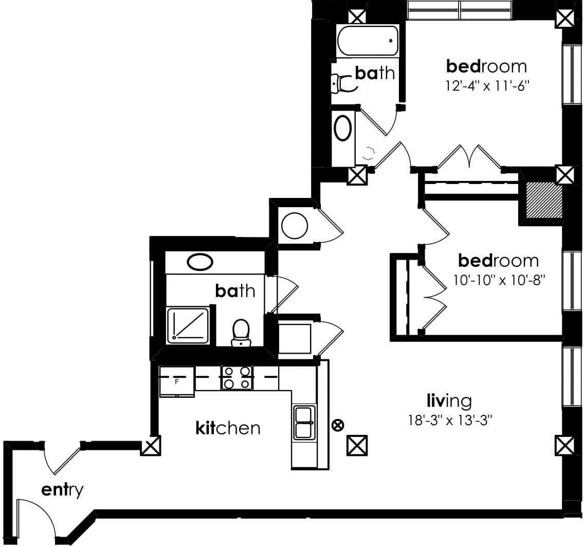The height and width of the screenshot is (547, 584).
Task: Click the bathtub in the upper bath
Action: (x=368, y=41)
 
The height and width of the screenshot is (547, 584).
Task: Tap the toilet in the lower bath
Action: (x=241, y=333)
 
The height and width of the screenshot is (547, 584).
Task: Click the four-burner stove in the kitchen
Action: (x=237, y=377)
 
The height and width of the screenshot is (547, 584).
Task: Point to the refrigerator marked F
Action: (x=177, y=381)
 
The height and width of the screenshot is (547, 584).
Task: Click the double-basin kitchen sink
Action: (x=304, y=423)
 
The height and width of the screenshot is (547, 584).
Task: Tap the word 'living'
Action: (x=449, y=400)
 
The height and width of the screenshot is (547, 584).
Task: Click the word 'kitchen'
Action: (x=228, y=428)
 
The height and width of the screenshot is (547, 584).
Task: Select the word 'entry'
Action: (x=62, y=490)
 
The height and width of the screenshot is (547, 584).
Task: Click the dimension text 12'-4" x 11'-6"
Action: (x=487, y=86)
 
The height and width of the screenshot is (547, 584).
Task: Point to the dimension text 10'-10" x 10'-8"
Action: (x=499, y=280)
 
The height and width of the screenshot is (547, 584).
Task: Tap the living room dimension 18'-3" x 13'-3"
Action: (x=450, y=421)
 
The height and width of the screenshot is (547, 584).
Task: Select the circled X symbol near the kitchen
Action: (x=338, y=425)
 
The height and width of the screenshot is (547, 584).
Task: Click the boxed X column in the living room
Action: (x=357, y=445)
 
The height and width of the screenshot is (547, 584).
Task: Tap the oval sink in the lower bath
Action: (x=200, y=262)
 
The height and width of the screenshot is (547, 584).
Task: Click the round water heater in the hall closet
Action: (x=294, y=226)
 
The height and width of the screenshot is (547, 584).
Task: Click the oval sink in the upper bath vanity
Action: (x=343, y=127)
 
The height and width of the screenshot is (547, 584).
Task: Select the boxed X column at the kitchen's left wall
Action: (x=151, y=445)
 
